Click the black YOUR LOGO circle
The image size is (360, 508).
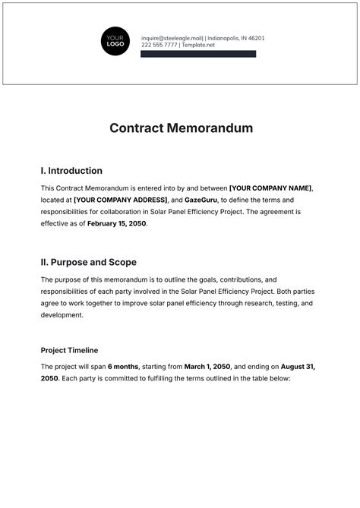pyautogui.click(x=116, y=41)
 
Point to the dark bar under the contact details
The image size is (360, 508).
pyautogui.click(x=198, y=54)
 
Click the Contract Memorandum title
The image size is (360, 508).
pyautogui.click(x=179, y=128)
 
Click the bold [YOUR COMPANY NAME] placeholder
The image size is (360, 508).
pyautogui.click(x=270, y=188)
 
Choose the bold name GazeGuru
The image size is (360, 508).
pyautogui.click(x=201, y=200)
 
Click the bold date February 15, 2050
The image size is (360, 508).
pyautogui.click(x=115, y=224)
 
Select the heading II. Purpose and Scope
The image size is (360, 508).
pyautogui.click(x=88, y=262)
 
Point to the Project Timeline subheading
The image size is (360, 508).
pyautogui.click(x=69, y=350)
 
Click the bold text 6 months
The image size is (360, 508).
pyautogui.click(x=123, y=366)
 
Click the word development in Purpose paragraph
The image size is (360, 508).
pyautogui.click(x=62, y=315)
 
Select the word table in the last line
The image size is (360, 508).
pyautogui.click(x=257, y=378)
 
